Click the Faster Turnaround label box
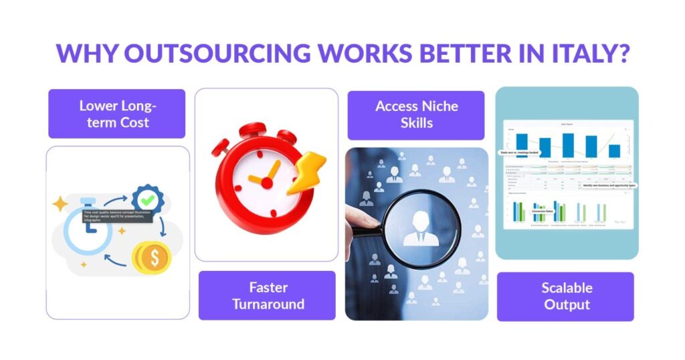coord(268,296)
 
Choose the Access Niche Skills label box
coord(416,114)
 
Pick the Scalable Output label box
coord(566,296)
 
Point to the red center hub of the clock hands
coord(267,181)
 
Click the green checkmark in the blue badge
coord(147,199)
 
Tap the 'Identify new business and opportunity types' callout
coord(599,185)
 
